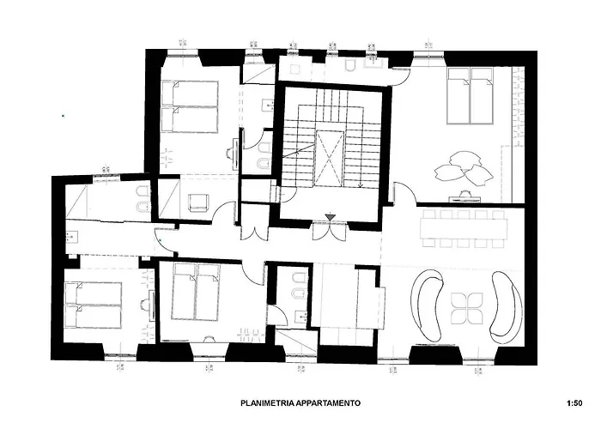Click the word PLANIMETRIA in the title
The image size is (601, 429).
pos(270,402)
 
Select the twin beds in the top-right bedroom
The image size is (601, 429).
pos(470,100)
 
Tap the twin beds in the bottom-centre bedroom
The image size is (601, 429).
pos(197,290)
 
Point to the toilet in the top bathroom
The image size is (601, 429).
pos(353,66)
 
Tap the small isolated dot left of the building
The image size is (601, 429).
pos(63,114)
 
